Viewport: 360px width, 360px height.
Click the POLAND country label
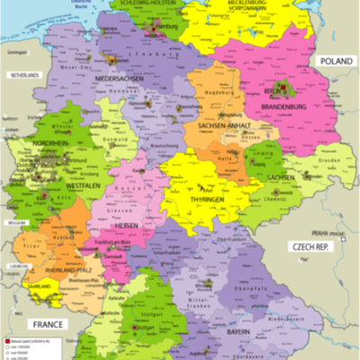point(335,60)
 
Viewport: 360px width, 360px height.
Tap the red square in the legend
point(5,343)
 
